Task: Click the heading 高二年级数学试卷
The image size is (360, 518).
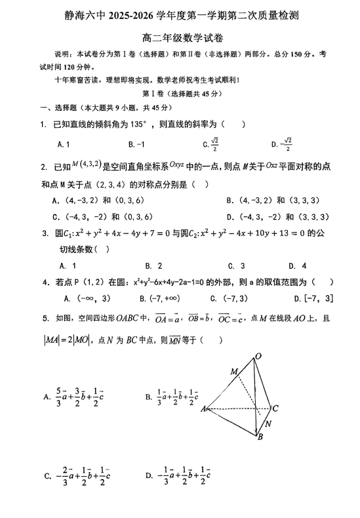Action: coord(180,37)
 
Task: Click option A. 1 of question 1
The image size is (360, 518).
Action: coord(64,144)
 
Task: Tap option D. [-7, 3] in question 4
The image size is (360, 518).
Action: coord(313,298)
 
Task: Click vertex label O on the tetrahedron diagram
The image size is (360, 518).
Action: coord(258,356)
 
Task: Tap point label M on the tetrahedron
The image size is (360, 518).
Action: coord(233,372)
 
